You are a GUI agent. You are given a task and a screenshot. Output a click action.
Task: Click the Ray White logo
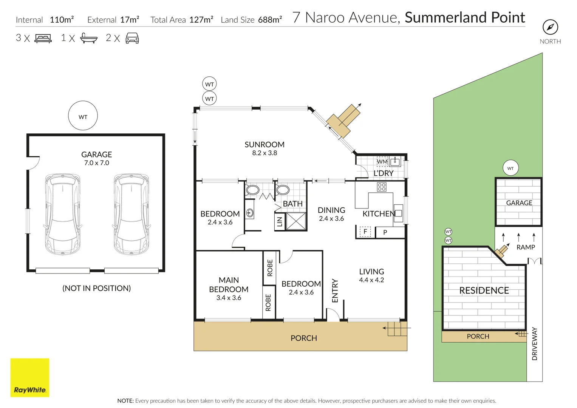pos(30,377)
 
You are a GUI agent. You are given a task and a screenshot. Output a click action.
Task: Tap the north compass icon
pos(550,27)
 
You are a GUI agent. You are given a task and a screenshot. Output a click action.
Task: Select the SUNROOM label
pos(264,145)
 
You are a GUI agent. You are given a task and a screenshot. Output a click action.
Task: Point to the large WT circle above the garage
pos(83,116)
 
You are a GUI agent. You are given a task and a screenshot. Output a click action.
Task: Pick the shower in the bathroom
pos(295,221)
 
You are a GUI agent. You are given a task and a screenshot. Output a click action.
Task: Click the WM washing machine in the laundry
pos(382,162)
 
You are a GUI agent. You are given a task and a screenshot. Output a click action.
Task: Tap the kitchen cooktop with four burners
pos(382,187)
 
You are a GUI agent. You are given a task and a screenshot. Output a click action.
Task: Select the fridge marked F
pos(365,232)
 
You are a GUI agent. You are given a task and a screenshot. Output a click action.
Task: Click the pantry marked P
pos(385,232)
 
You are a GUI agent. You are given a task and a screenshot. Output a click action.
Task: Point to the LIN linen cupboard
pos(280,222)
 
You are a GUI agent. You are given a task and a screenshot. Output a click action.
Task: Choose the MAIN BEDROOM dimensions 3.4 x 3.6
pos(229,298)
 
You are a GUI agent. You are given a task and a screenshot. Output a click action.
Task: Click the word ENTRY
pos(335,291)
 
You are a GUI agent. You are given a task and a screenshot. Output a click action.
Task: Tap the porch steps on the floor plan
pos(396,329)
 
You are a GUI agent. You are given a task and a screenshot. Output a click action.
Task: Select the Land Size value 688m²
pos(270,20)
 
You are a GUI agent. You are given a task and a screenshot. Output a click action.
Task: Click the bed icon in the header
pos(43,38)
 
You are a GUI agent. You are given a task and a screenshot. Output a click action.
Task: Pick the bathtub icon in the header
pos(89,38)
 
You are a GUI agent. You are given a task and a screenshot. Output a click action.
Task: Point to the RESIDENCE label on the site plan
pos(484,291)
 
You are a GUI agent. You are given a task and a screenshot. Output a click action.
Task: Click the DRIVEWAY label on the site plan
pos(534,343)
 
